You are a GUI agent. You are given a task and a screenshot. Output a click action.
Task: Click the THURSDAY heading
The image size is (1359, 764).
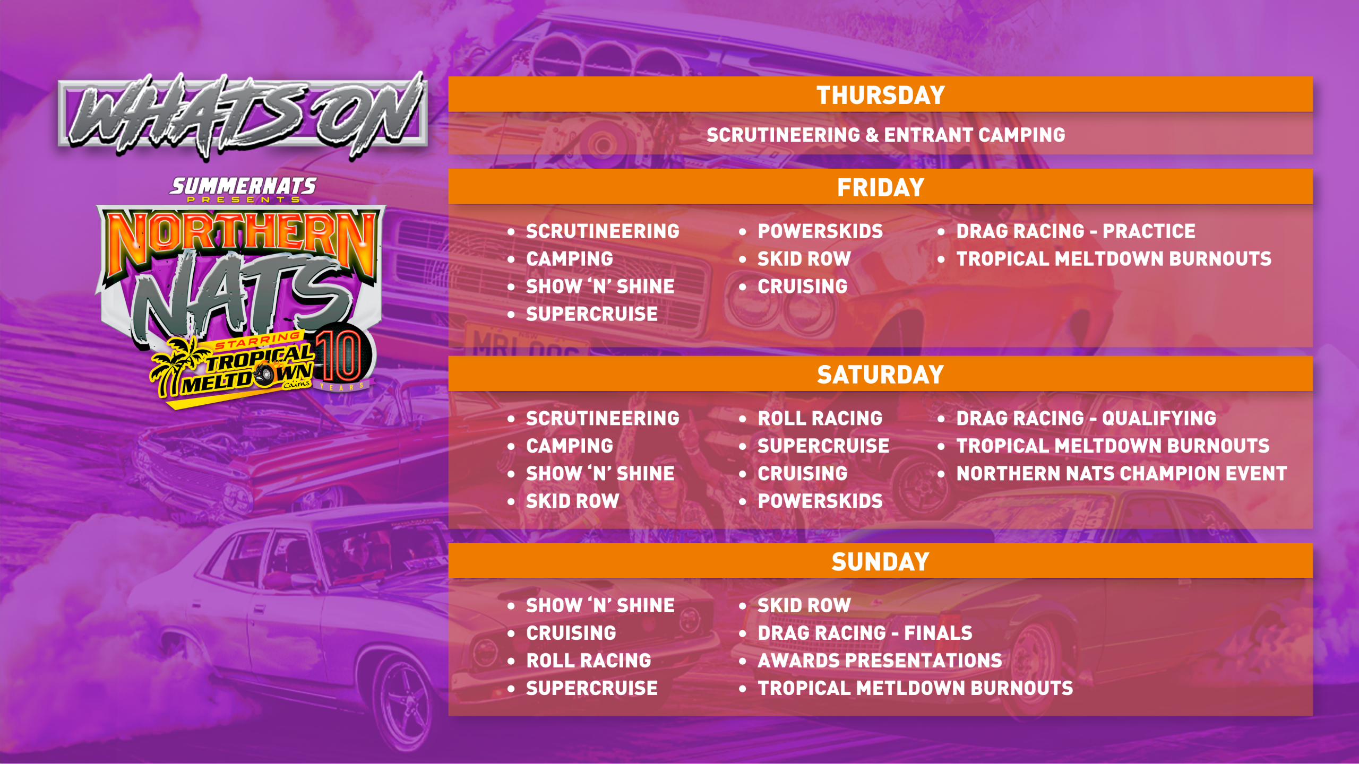pyautogui.click(x=880, y=95)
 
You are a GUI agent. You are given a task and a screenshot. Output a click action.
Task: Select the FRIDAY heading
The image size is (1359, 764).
pyautogui.click(x=881, y=188)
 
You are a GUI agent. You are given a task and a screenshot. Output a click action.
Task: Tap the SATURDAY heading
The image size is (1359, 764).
pyautogui.click(x=880, y=375)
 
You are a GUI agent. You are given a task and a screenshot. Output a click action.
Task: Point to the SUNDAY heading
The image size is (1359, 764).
pyautogui.click(x=880, y=562)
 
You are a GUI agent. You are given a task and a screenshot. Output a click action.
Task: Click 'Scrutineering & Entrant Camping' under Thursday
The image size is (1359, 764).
pyautogui.click(x=885, y=135)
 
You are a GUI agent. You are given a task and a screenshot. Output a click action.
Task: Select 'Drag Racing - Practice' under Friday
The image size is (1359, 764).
pyautogui.click(x=1076, y=231)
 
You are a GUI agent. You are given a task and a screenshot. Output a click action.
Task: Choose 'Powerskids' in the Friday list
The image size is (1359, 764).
pyautogui.click(x=820, y=231)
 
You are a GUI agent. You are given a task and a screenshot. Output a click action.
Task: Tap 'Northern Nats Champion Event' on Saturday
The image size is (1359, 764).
pyautogui.click(x=1121, y=473)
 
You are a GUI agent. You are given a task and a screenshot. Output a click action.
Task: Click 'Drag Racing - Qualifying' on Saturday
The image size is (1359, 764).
pyautogui.click(x=1086, y=418)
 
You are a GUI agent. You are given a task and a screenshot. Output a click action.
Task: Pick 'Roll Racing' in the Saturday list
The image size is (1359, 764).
pyautogui.click(x=820, y=418)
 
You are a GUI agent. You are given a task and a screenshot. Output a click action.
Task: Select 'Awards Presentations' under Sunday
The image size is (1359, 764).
pyautogui.click(x=880, y=661)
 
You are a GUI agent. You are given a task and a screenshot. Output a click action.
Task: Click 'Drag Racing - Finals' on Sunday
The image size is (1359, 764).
pyautogui.click(x=865, y=633)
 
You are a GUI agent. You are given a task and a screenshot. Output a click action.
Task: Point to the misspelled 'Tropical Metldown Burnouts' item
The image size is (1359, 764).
pyautogui.click(x=915, y=688)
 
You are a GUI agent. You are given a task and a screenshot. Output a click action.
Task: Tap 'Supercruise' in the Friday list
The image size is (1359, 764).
pyautogui.click(x=592, y=314)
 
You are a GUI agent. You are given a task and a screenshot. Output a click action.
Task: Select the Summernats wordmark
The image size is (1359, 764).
pyautogui.click(x=243, y=186)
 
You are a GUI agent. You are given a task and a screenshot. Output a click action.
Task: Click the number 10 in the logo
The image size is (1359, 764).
pyautogui.click(x=340, y=355)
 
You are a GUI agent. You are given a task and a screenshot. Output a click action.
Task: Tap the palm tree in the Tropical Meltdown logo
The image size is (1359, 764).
pyautogui.click(x=173, y=366)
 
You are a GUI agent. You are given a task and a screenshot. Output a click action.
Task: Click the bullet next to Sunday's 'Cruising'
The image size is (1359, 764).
pyautogui.click(x=511, y=633)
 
